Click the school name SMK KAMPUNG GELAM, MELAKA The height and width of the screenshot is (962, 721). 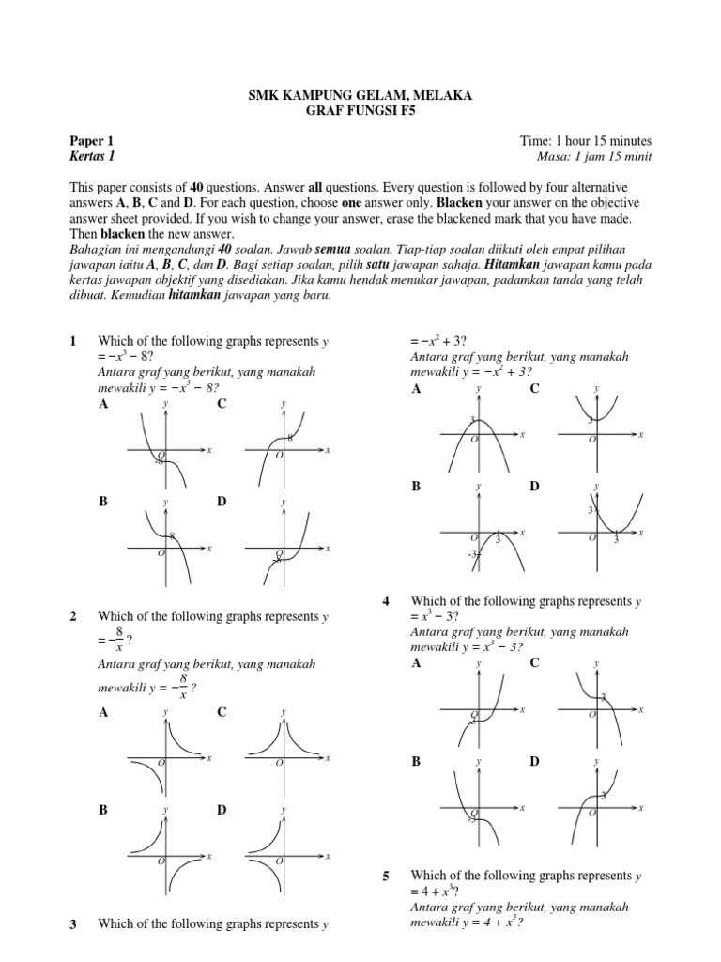tap(360, 95)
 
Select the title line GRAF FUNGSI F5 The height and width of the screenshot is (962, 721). tap(360, 110)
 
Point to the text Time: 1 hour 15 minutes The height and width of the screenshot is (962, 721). tap(586, 141)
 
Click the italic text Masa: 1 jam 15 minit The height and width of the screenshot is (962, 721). tap(591, 156)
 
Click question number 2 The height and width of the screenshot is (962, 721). tap(73, 616)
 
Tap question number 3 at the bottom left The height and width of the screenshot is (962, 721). tap(73, 924)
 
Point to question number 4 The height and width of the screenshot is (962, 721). tap(386, 600)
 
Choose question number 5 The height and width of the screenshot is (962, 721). tap(386, 877)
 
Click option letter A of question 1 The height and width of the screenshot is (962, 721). tap(103, 404)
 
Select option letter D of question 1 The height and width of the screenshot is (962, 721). tap(222, 502)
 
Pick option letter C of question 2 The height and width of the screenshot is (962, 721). tap(222, 712)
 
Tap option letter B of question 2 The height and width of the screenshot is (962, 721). tap(103, 809)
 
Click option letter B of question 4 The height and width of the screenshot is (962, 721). tap(416, 761)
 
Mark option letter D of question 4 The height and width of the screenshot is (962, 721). tap(534, 761)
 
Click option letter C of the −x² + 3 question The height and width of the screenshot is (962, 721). tap(534, 388)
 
